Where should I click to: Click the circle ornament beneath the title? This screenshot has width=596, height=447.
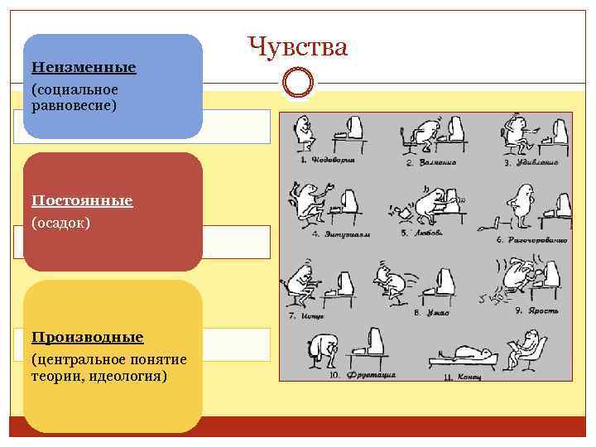[x=298, y=82]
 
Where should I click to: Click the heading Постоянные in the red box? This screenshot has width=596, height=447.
[x=82, y=200]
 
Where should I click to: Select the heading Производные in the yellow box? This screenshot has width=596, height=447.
[x=87, y=337]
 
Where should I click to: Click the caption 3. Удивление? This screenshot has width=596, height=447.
[x=531, y=163]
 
